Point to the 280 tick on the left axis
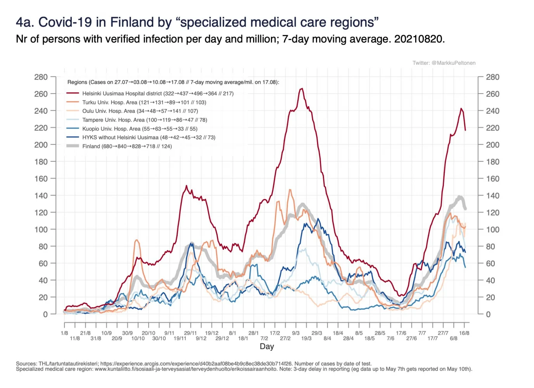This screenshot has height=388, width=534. coord(41,77)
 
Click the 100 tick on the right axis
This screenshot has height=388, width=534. coord(492,229)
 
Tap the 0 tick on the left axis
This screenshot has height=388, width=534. coord(45,314)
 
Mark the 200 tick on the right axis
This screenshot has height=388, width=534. coord(492,145)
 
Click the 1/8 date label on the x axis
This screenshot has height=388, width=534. coord(64,333)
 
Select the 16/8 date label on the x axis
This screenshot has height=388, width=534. coord(464,333)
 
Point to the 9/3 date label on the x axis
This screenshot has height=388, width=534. coord(296,333)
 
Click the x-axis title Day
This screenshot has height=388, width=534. coord(267,346)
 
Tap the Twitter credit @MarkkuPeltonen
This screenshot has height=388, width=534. coord(444,63)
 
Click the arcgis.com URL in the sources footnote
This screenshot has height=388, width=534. coord(196,364)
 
